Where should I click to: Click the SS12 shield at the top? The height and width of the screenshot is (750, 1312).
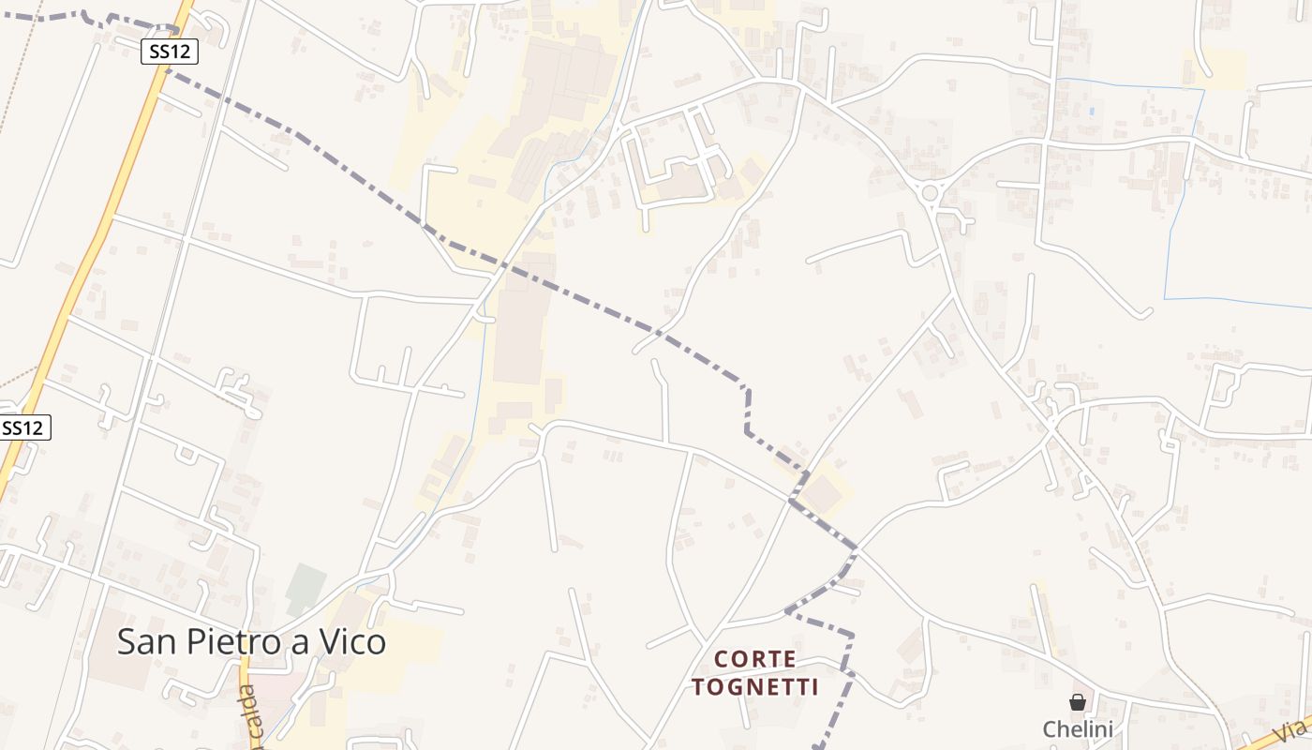click(170, 52)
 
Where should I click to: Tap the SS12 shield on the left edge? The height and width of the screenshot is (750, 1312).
click(22, 428)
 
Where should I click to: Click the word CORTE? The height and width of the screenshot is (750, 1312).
click(755, 660)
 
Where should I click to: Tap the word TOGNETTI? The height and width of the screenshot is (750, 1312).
click(755, 688)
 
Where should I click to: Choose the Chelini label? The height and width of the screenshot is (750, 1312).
click(1078, 729)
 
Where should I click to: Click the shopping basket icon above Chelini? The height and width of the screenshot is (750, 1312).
click(1078, 702)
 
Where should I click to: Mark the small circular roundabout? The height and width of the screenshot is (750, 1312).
click(930, 193)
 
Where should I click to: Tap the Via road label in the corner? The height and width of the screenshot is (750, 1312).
click(1294, 729)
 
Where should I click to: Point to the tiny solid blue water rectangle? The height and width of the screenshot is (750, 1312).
click(1092, 111)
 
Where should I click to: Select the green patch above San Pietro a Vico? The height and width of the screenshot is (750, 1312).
click(306, 588)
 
